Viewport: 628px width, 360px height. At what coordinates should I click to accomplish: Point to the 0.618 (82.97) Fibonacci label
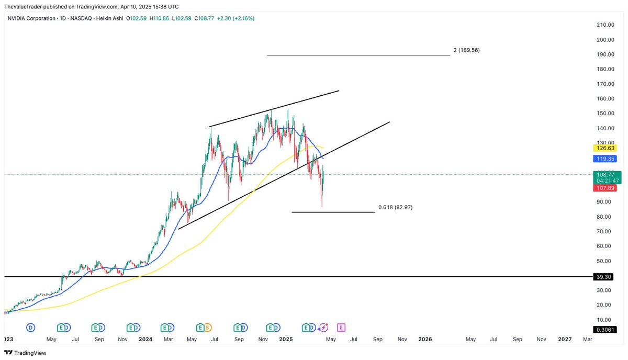[395, 207]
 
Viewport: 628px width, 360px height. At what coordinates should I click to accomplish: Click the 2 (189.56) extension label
[466, 50]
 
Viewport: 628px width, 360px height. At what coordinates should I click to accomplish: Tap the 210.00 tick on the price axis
[605, 25]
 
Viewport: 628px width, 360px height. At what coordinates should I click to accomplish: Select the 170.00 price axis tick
[605, 84]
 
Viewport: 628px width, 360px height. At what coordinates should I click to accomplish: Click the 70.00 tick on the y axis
[605, 231]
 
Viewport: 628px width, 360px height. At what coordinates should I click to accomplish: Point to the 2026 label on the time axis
[425, 340]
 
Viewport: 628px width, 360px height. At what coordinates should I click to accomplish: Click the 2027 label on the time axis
[565, 340]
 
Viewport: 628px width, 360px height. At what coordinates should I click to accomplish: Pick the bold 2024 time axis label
[145, 340]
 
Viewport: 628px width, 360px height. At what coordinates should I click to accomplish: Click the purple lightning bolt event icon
[323, 328]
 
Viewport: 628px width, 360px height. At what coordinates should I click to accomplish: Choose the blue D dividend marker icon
[31, 328]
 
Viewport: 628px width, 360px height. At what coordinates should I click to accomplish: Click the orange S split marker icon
[207, 328]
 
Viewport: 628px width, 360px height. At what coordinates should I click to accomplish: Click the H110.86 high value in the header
[160, 18]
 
